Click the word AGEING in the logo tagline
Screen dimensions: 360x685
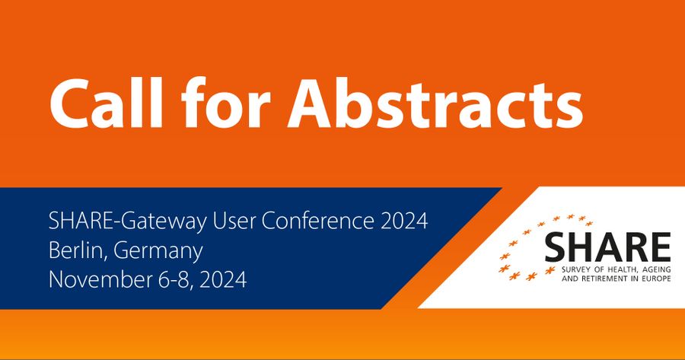pyautogui.click(x=652, y=269)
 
